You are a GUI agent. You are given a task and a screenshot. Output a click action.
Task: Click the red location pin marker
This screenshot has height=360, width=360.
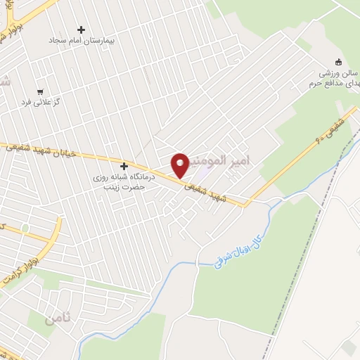180,164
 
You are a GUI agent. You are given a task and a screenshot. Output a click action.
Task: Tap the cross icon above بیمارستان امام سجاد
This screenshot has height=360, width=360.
81,30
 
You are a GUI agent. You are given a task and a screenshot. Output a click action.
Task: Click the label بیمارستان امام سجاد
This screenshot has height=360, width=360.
80,41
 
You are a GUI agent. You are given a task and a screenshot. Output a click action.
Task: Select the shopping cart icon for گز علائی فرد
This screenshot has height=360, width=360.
40,91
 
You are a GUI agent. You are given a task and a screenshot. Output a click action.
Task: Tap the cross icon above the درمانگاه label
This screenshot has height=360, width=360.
124,167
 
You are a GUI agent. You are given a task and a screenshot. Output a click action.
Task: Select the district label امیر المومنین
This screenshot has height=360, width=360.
229,162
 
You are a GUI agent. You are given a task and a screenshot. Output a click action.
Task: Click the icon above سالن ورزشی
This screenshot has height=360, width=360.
339,61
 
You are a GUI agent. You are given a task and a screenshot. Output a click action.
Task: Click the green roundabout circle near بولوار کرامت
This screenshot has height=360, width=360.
25,227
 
